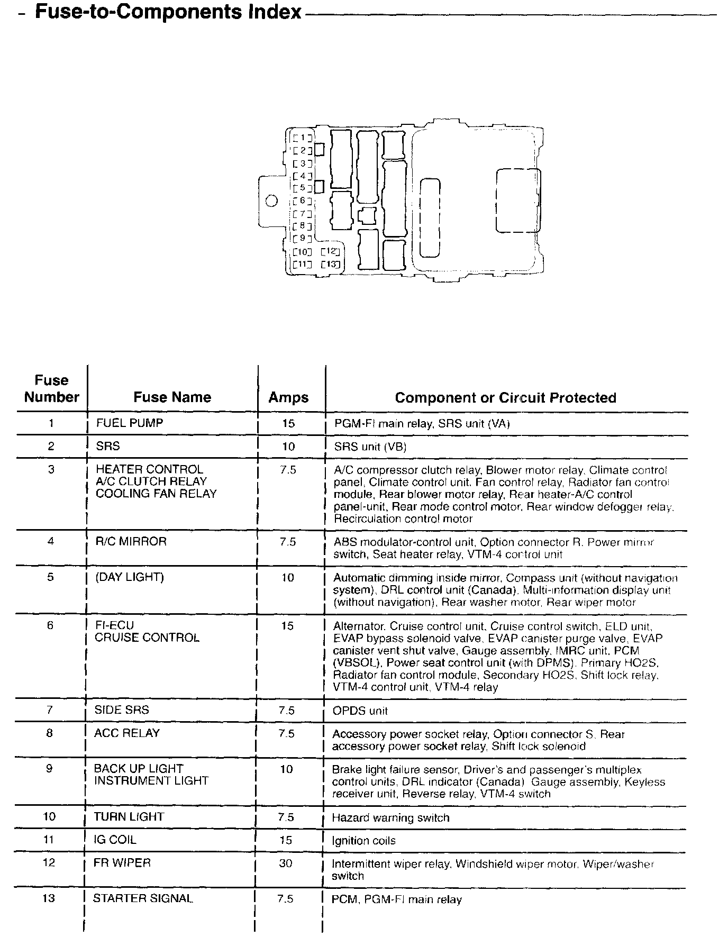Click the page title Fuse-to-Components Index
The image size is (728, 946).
[x=168, y=12]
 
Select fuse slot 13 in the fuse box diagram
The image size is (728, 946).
[x=330, y=264]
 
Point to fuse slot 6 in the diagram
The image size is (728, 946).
[x=302, y=201]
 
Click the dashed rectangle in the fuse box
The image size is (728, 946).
[x=517, y=201]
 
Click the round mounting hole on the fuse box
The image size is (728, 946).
[x=272, y=201]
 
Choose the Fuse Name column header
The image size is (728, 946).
[x=172, y=397]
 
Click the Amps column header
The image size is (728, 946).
[x=288, y=397]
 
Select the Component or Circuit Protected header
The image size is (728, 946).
[x=505, y=398]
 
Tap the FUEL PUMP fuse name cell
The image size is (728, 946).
[x=129, y=423]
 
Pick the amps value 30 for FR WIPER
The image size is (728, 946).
[x=286, y=863]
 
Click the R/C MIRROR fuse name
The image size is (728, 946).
[x=131, y=541]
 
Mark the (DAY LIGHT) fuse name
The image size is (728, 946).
[x=129, y=577]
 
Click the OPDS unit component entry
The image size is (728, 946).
[x=360, y=711]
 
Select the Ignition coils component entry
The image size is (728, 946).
[x=363, y=841]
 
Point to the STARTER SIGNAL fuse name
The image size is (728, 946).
[x=143, y=898]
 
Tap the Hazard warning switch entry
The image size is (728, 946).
[x=390, y=818]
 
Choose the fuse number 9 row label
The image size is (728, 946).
[x=49, y=769]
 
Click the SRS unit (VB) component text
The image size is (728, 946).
[x=370, y=447]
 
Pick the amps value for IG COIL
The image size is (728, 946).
[x=286, y=840]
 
